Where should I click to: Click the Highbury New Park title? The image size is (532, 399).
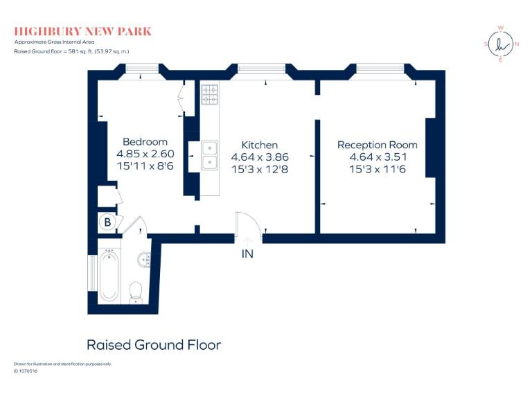tap(82, 31)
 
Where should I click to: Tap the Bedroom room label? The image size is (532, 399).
tap(145, 141)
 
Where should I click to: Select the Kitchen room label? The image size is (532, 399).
tap(259, 145)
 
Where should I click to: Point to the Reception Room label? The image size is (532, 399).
tap(377, 145)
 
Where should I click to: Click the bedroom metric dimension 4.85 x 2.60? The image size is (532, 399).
tap(145, 154)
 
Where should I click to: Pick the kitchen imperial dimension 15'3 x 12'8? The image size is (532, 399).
tap(259, 169)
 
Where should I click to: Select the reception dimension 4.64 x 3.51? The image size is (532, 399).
tap(377, 157)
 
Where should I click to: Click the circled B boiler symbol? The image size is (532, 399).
tap(107, 222)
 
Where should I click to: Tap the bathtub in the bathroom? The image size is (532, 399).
tap(109, 276)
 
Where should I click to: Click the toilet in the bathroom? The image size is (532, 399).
tap(136, 291)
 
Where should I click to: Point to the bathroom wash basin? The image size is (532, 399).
tap(144, 260)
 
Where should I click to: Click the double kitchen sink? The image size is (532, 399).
tap(210, 155)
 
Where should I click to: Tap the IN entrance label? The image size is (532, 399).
tap(247, 254)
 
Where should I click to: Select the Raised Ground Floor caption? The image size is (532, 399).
tap(153, 344)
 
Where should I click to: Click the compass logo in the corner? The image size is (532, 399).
tap(500, 44)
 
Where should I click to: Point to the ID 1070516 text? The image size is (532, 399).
tap(26, 371)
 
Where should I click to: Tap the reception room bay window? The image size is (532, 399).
tap(378, 69)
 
